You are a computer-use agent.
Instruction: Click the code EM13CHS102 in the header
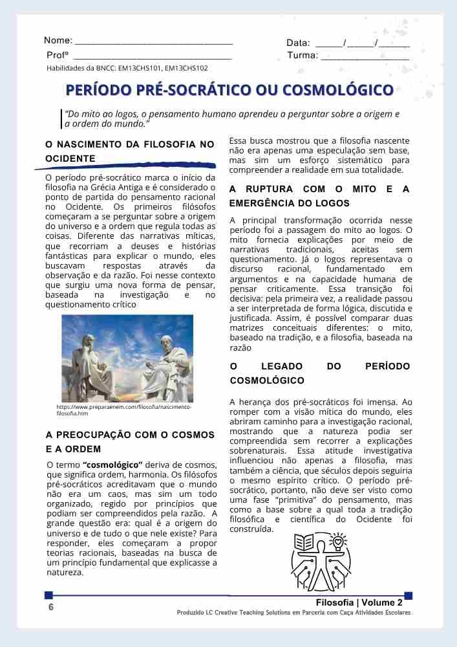click(186, 68)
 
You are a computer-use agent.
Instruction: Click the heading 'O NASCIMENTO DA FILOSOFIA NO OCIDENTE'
click(129, 151)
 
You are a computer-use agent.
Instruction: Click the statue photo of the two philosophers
click(127, 358)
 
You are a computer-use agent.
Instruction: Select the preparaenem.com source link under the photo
click(124, 410)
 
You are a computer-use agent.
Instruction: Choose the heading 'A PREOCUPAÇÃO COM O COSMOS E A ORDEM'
click(130, 441)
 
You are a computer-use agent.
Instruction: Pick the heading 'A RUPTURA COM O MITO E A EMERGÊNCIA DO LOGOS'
click(320, 195)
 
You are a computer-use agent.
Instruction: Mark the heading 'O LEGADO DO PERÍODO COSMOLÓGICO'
click(320, 373)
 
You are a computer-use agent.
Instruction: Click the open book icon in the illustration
click(303, 542)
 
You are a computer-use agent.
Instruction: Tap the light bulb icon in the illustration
click(339, 540)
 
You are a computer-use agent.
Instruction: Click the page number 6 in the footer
click(51, 608)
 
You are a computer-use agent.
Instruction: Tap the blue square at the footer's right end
click(408, 595)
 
